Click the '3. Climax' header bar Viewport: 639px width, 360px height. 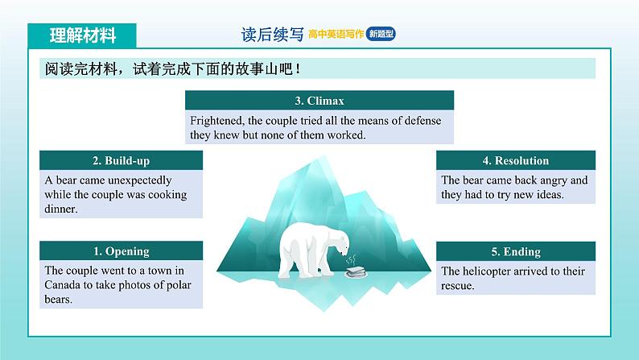pyautogui.click(x=319, y=101)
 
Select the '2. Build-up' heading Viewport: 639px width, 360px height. pyautogui.click(x=121, y=160)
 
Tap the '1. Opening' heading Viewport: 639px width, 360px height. pyautogui.click(x=121, y=251)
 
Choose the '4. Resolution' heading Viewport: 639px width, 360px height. pyautogui.click(x=516, y=160)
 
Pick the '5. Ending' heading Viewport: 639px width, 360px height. pyautogui.click(x=516, y=251)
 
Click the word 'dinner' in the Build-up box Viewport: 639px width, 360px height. pyautogui.click(x=60, y=209)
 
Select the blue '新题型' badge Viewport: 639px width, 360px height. pyautogui.click(x=381, y=34)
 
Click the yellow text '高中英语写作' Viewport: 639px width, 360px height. pyautogui.click(x=336, y=35)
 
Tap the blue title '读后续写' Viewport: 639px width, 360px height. pyautogui.click(x=272, y=35)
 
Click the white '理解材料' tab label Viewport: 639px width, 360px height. pyautogui.click(x=83, y=35)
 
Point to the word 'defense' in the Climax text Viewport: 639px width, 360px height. pyautogui.click(x=423, y=121)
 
